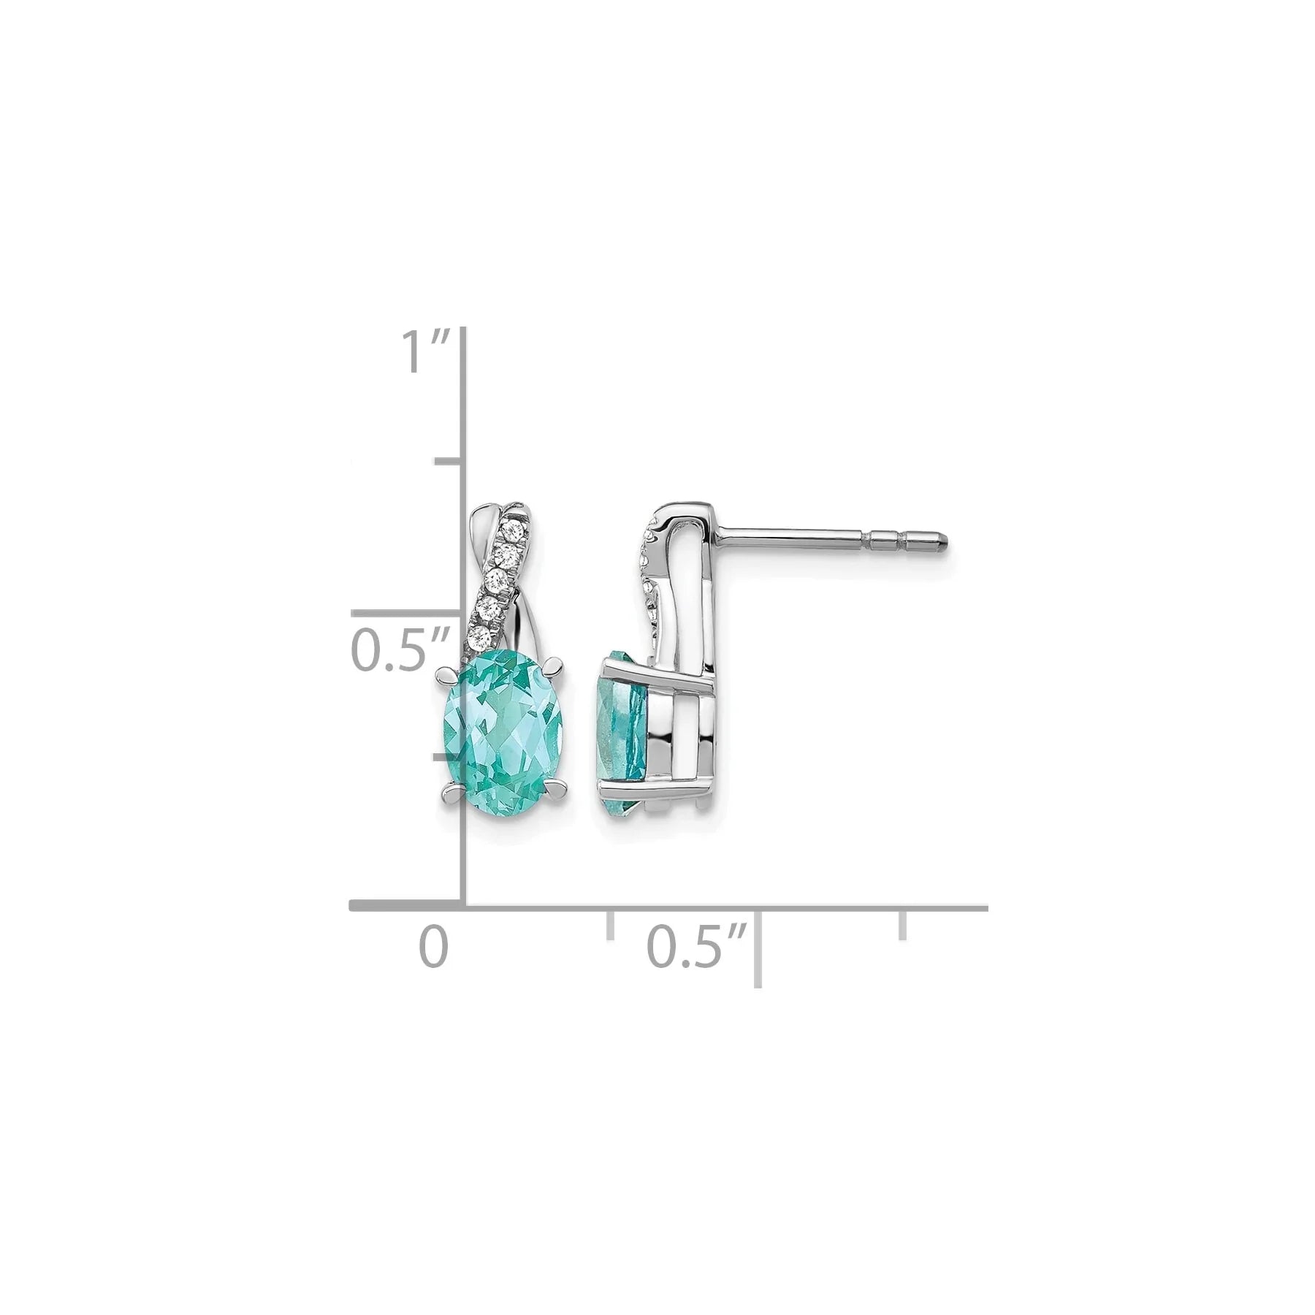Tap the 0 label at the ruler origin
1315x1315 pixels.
(432, 946)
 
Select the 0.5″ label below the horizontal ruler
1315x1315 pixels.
(698, 946)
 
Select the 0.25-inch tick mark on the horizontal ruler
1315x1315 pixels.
(610, 924)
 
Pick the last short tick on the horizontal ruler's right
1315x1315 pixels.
(904, 924)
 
